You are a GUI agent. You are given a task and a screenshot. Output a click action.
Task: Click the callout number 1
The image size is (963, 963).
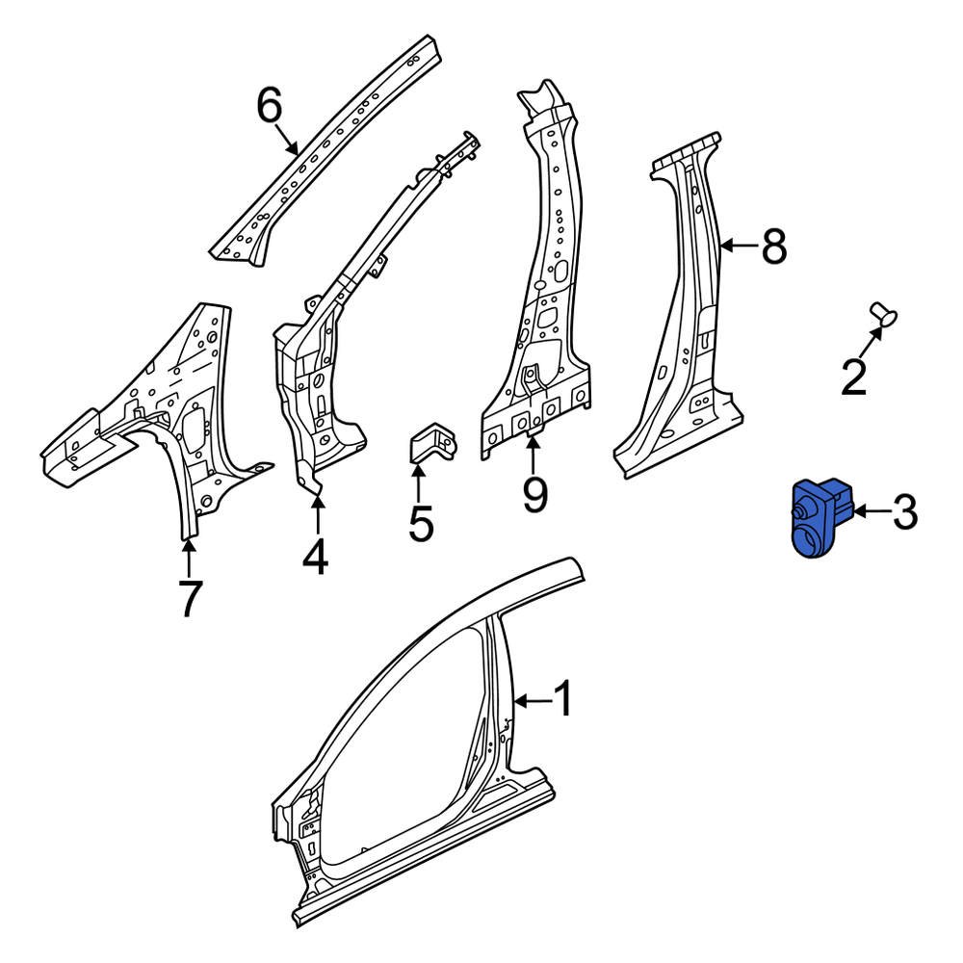(x=561, y=699)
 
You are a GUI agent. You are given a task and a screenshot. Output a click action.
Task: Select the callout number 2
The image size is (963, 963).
(x=854, y=377)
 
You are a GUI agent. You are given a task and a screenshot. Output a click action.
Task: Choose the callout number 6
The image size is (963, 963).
(x=270, y=104)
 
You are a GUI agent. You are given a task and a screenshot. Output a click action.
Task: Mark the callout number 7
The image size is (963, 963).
(x=190, y=598)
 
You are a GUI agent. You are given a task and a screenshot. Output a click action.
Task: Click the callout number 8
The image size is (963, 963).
(x=773, y=247)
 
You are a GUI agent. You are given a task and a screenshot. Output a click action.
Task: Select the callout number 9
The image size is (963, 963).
(x=534, y=494)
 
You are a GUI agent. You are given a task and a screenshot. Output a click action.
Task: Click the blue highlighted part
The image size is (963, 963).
(x=817, y=518)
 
